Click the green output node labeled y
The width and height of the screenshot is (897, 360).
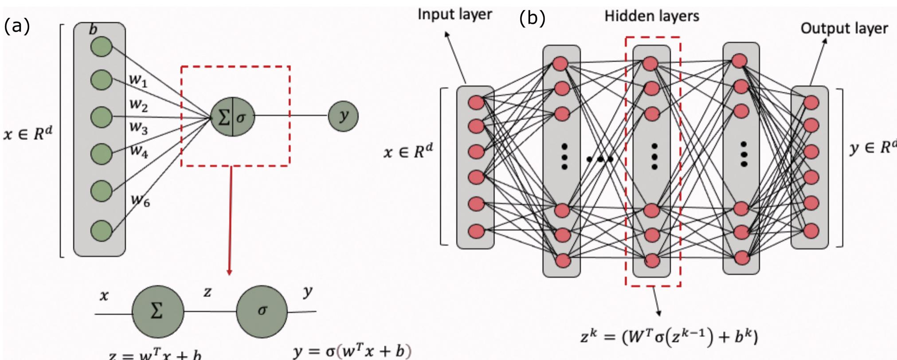coord(343,116)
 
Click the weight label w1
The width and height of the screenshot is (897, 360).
coord(138,80)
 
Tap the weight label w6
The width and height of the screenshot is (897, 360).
coord(141,201)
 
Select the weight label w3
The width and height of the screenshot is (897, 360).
coord(138,128)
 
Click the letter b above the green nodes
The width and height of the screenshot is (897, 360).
coord(93,30)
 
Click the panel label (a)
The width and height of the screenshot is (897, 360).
coord(17,27)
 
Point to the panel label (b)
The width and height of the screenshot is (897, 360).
coord(532,19)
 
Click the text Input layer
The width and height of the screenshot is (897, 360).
coord(454,14)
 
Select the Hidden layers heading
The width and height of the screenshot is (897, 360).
coord(651,16)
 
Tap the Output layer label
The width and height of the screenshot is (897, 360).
coord(844,28)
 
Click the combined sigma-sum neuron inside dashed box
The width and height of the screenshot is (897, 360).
coord(233,117)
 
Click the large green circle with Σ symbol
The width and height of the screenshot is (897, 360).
coord(157,311)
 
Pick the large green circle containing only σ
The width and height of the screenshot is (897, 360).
coord(262,311)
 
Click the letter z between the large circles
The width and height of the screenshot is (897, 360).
coord(207,292)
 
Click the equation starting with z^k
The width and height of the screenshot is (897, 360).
coord(669,337)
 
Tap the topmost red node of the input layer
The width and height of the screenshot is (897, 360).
coord(476,102)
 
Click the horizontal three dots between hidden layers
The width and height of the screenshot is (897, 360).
coord(600,159)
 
